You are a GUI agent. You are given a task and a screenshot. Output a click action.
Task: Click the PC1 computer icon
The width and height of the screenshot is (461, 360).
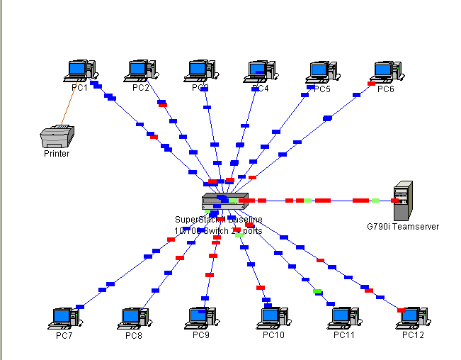pos(79,70)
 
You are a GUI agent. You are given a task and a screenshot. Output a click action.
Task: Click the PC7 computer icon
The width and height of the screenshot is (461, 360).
pos(64,318)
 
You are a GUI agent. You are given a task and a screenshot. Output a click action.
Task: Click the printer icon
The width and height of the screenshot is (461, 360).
pos(57,135)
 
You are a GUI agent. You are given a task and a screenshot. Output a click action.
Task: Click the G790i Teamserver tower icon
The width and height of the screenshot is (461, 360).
pos(403,201)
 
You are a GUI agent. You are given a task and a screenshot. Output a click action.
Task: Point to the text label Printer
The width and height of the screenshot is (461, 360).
pos(57,153)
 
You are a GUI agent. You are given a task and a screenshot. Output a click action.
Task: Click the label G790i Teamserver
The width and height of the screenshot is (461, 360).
pos(403,227)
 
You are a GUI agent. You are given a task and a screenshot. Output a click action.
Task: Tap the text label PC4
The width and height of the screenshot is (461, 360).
pos(261,89)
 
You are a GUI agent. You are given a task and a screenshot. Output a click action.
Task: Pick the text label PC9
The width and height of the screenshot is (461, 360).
pos(201,334)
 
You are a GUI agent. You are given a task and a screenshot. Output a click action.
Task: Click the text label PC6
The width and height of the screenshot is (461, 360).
pos(386,89)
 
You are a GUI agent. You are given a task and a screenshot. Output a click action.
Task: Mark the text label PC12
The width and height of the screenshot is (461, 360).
pos(413,335)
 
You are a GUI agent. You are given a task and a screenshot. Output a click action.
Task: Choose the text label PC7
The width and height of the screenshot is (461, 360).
pos(64,335)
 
